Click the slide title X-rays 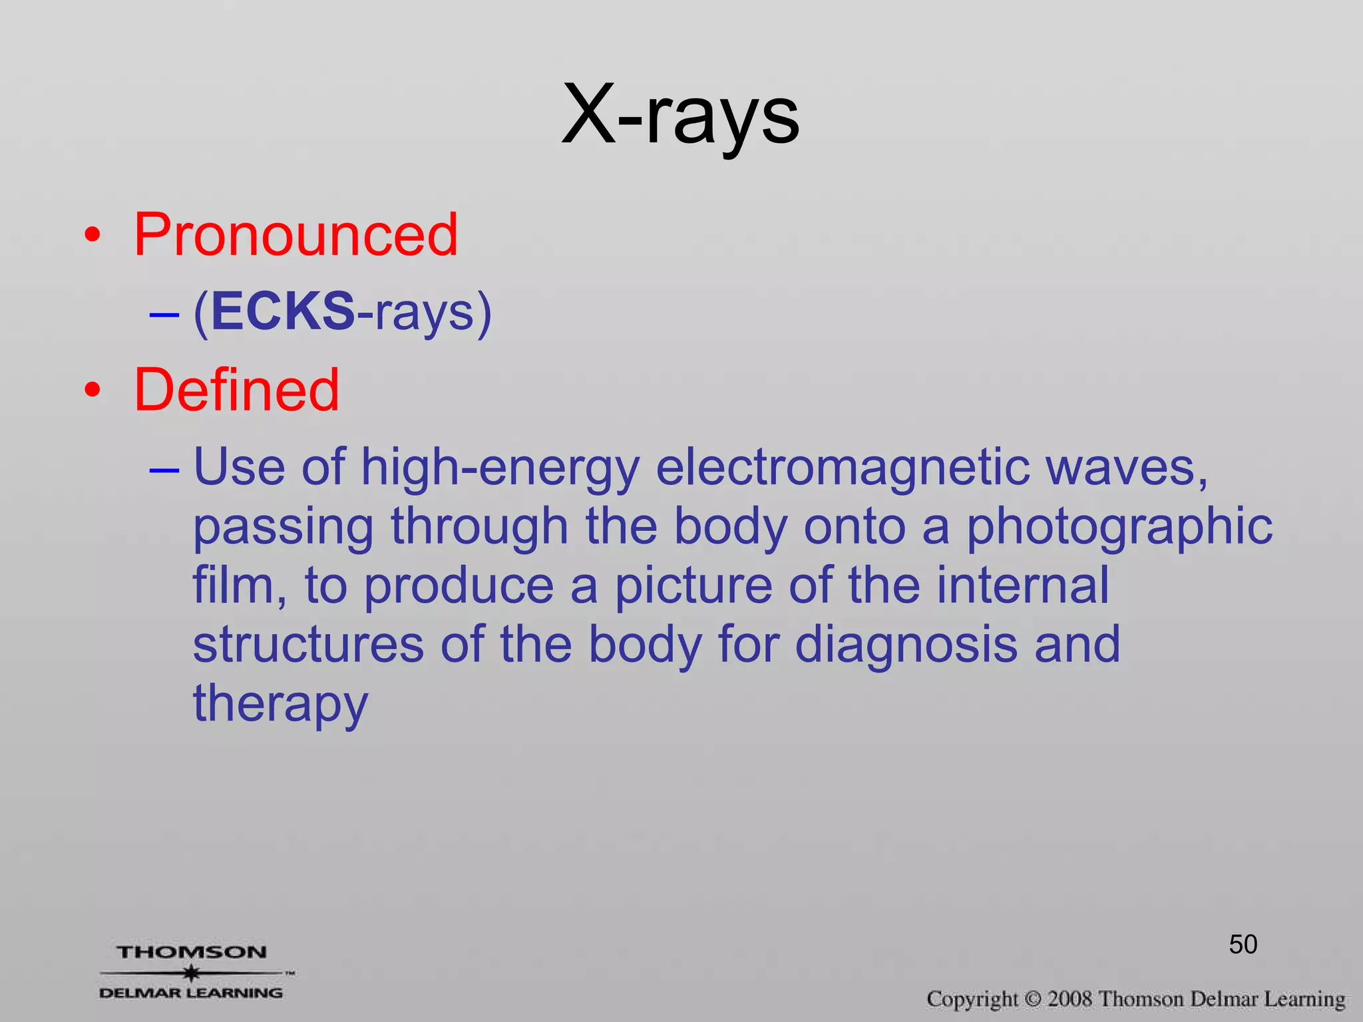680,117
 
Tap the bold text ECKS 283,311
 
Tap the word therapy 280,704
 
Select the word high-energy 500,468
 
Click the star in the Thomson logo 192,973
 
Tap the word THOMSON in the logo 192,952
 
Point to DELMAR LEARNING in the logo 191,993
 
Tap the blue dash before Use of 164,470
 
